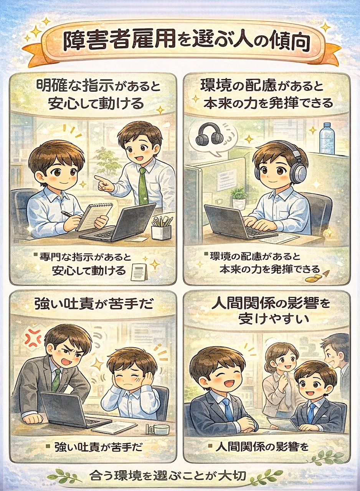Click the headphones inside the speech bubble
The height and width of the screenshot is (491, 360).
click(x=209, y=135)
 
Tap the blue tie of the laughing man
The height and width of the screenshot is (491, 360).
click(x=228, y=408)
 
